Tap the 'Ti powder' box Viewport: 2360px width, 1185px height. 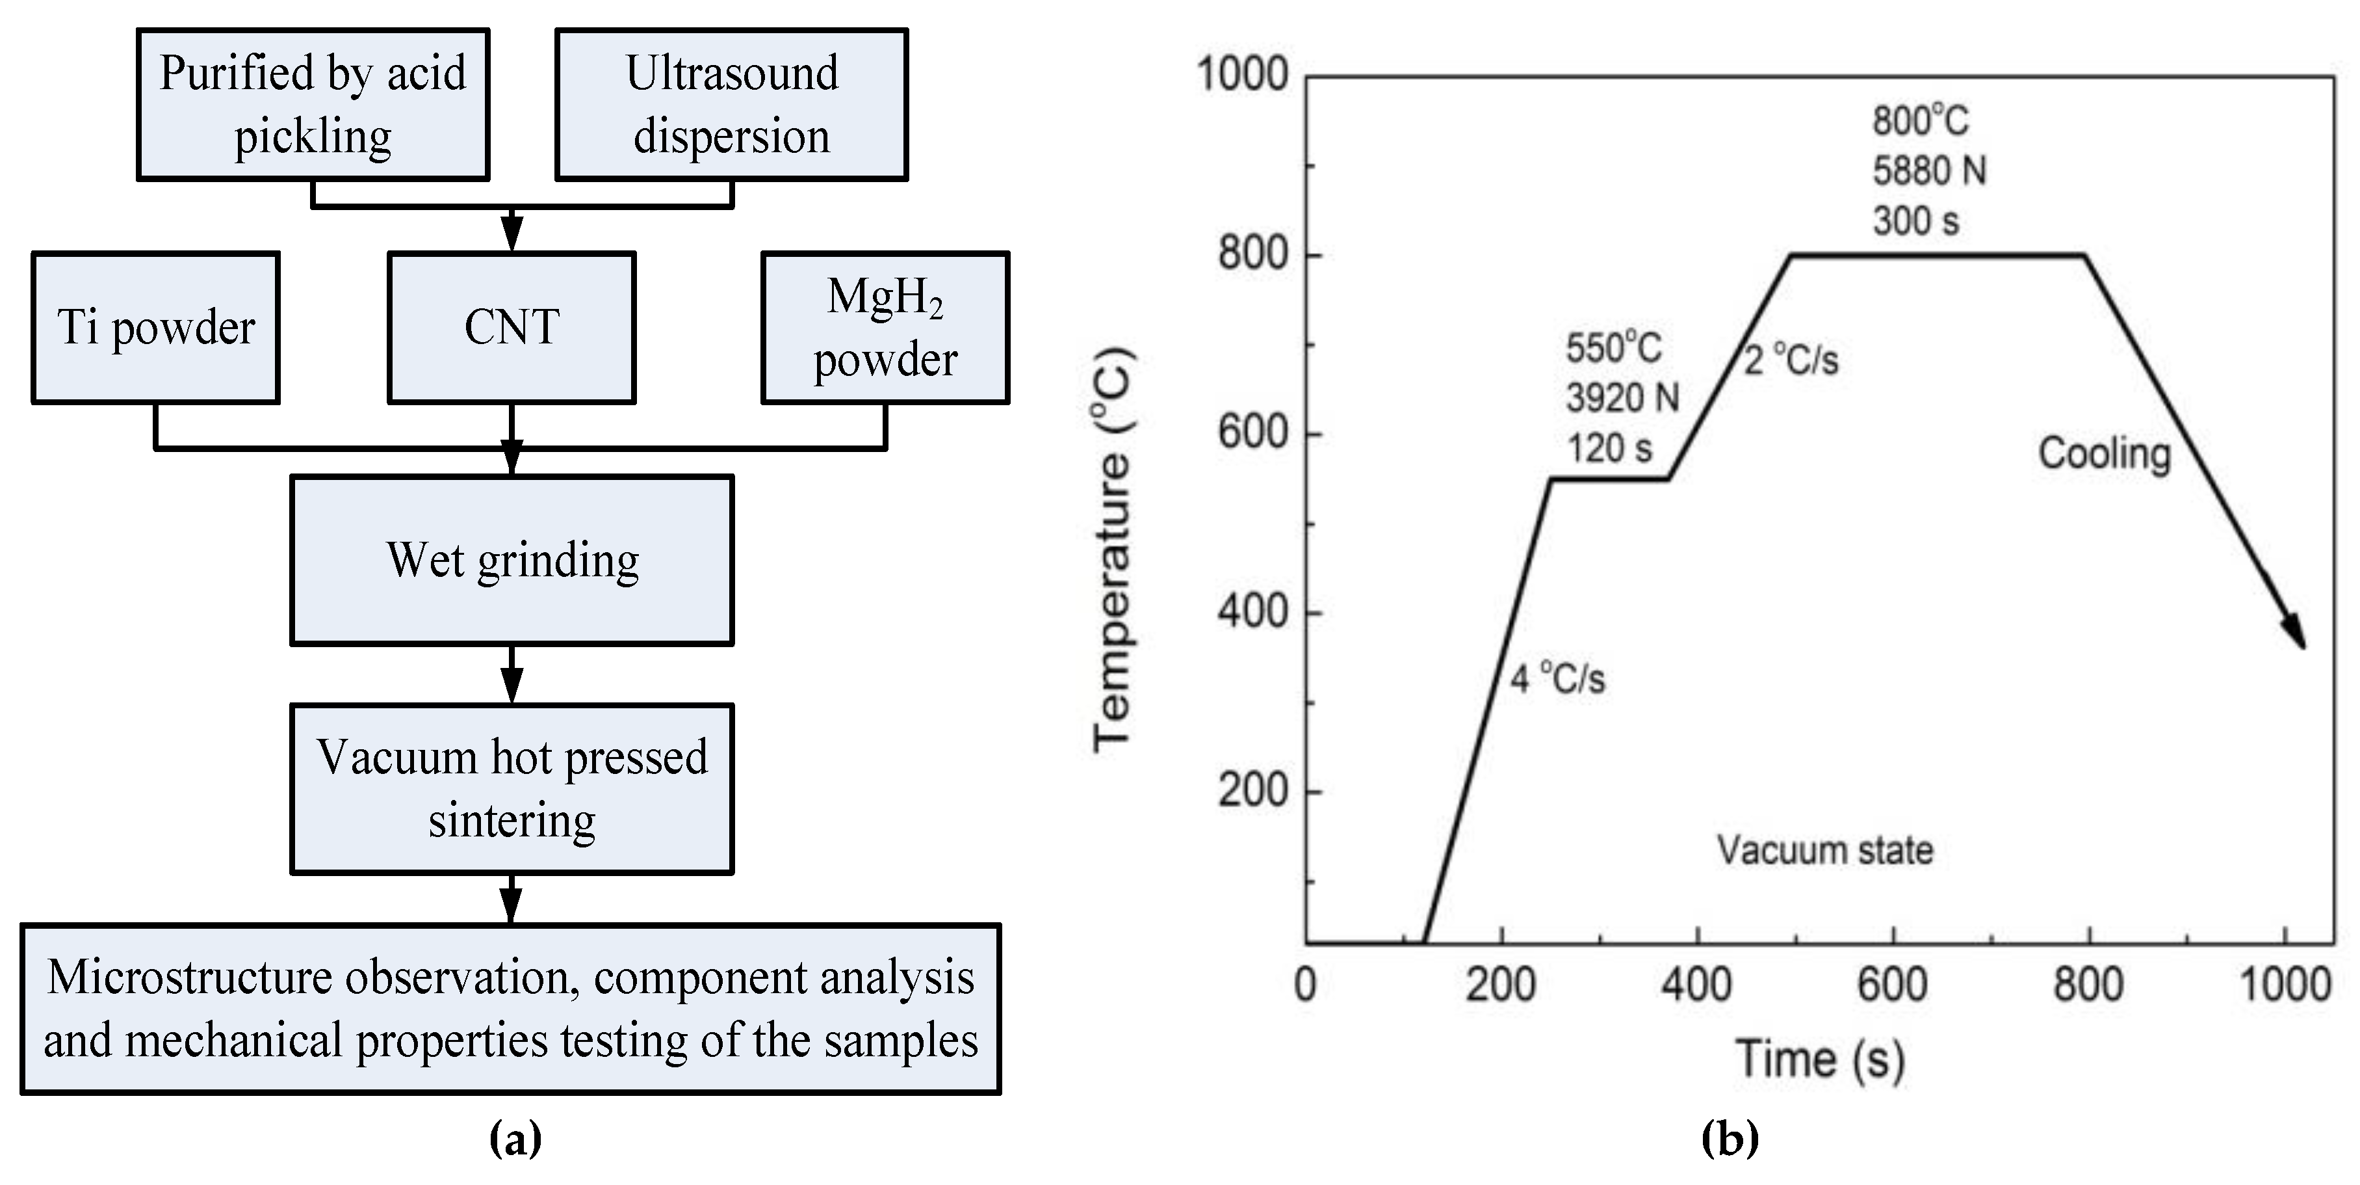point(156,327)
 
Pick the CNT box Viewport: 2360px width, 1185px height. point(512,327)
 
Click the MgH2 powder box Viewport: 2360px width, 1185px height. point(885,327)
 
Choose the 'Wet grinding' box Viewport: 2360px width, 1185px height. point(512,560)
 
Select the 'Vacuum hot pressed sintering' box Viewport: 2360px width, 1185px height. point(512,788)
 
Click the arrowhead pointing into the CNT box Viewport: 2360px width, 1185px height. point(512,233)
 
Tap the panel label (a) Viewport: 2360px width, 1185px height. point(516,1139)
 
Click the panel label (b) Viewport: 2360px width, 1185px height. point(1730,1139)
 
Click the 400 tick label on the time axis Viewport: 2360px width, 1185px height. point(1696,984)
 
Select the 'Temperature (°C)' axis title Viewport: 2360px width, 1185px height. point(1114,550)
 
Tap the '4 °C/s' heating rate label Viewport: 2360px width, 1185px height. point(1557,679)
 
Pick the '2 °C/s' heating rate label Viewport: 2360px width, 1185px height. point(1790,360)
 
